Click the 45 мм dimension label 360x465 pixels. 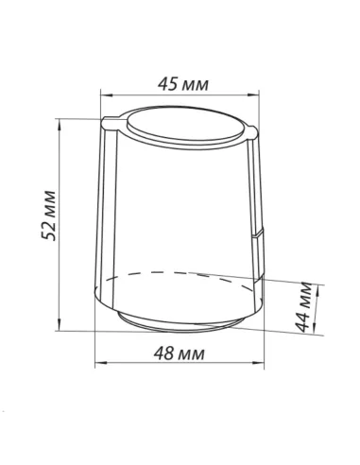click(x=183, y=84)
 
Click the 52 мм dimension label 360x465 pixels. click(x=49, y=215)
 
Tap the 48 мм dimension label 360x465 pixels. click(x=179, y=353)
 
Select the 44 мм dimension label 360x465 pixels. click(x=304, y=307)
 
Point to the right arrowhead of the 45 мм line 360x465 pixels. click(x=253, y=95)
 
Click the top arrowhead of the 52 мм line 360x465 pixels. click(x=59, y=125)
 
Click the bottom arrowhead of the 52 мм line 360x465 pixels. click(x=59, y=324)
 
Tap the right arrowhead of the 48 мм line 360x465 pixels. click(x=258, y=363)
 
